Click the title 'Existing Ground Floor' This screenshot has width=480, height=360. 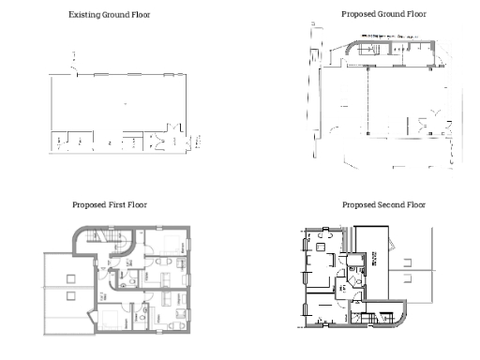(x=109, y=15)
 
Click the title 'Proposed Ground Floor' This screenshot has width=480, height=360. (x=383, y=15)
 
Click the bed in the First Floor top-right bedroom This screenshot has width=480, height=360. (x=171, y=246)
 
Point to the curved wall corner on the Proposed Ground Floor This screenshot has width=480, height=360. (x=349, y=47)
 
